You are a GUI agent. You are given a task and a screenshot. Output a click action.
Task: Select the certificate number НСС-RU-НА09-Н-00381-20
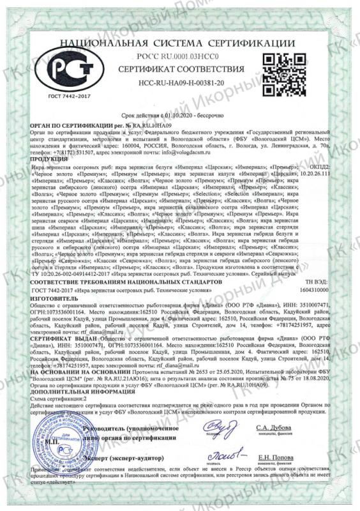click(181, 84)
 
